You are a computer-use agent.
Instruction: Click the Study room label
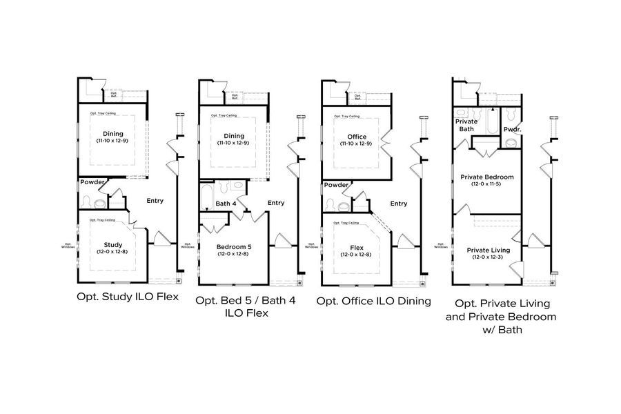(112, 244)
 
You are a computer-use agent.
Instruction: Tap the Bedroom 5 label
(234, 246)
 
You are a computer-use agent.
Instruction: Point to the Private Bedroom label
(487, 177)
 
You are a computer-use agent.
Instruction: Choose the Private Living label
(487, 250)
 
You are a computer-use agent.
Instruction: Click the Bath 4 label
(226, 204)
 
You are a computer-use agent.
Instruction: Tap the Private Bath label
(466, 124)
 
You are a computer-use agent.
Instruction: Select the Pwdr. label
(511, 129)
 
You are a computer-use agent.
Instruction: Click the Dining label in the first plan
(112, 134)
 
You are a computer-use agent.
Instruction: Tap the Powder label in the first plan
(92, 182)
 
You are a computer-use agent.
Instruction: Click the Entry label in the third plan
(398, 204)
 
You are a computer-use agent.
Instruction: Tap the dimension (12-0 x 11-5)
(487, 184)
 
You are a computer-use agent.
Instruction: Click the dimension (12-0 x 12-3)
(487, 257)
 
